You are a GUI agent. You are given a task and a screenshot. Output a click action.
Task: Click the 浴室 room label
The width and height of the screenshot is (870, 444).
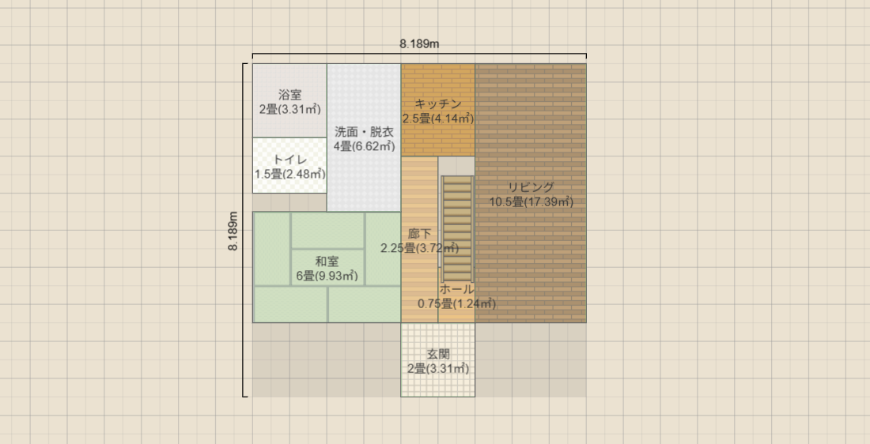coord(289,95)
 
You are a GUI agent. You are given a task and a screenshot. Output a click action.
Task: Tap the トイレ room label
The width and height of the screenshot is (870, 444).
coord(289,160)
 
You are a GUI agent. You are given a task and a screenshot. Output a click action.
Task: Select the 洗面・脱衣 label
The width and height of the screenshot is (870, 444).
coord(364,132)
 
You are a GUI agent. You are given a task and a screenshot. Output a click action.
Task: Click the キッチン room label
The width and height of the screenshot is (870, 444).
coord(437,103)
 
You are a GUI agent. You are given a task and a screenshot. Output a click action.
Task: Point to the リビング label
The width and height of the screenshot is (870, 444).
coord(531,187)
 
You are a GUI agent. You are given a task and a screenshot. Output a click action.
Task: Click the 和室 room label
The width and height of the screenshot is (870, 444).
coord(327,262)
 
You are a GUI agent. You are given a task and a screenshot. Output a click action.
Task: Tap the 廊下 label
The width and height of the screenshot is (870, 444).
coord(419,234)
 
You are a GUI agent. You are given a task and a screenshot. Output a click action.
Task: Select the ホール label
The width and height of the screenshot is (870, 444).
coord(456,289)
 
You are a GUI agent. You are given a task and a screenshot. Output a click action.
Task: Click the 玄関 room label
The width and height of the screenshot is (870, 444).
coord(438,354)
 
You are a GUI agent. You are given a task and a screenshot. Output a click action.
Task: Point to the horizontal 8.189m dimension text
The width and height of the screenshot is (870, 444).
coord(419,44)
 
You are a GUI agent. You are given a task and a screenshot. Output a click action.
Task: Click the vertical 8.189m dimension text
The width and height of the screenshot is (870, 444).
coord(233,231)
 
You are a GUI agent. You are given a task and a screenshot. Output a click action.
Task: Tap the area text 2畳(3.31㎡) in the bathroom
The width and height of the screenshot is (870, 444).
coord(289,109)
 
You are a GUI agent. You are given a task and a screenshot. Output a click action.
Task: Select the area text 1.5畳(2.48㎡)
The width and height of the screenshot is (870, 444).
coord(289,174)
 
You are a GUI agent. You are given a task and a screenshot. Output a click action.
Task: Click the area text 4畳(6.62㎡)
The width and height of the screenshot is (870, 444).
coord(364,146)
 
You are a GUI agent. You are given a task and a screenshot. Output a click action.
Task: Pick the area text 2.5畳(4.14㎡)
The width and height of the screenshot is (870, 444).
coord(437,119)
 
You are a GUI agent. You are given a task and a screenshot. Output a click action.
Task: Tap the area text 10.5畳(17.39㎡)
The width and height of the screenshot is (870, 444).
coord(531,202)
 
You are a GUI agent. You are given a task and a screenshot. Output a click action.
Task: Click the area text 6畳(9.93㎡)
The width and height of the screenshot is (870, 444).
coord(327,276)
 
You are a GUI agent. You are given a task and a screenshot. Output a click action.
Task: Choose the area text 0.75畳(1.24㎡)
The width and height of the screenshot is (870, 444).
coord(456,303)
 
